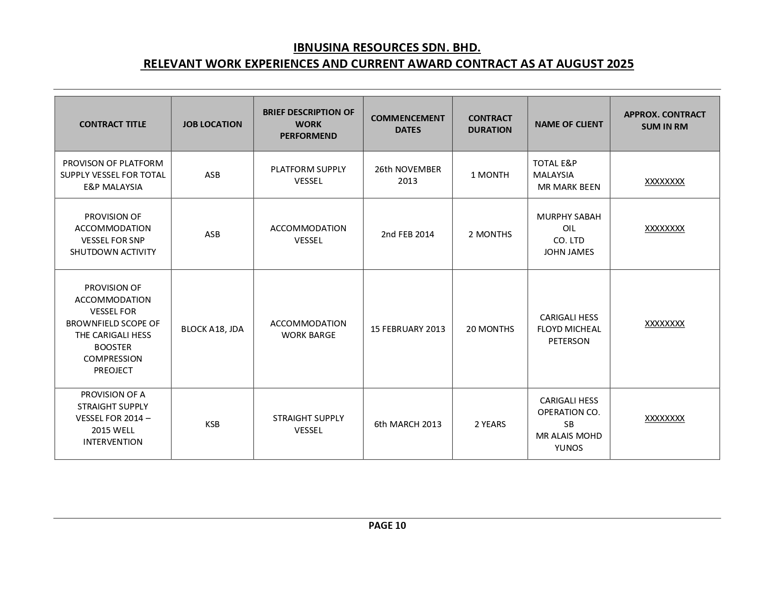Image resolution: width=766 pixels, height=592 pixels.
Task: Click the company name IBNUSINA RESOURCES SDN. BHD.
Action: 387,48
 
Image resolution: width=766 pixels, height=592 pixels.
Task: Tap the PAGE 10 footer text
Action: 387,525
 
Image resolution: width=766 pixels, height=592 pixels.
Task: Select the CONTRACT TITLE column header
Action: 112,124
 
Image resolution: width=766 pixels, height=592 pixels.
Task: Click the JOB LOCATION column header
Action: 212,124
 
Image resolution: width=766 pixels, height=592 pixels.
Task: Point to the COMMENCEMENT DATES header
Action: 408,124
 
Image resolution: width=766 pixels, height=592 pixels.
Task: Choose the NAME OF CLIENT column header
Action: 569,124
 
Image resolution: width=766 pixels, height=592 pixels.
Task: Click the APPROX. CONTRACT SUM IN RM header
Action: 664,120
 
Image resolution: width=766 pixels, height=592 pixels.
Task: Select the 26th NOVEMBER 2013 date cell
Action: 408,175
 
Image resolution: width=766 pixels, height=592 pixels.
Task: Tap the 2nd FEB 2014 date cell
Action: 408,234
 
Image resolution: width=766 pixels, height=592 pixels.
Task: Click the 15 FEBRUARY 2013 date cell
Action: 408,329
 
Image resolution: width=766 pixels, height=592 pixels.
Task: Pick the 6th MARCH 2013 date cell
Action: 408,424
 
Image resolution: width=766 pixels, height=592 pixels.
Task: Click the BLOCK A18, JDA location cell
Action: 212,329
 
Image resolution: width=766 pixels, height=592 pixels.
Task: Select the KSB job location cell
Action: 212,424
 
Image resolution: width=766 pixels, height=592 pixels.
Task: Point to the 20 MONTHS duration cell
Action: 490,329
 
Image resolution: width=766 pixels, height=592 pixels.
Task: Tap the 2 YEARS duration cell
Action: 490,424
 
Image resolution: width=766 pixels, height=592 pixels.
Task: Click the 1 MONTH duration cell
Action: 490,175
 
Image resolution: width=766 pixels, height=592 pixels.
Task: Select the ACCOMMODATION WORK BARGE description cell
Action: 308,329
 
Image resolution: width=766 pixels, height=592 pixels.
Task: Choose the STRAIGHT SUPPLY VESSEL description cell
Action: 308,424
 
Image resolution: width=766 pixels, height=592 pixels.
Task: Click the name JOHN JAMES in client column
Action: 569,252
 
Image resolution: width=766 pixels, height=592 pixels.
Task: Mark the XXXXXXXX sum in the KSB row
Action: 664,418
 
